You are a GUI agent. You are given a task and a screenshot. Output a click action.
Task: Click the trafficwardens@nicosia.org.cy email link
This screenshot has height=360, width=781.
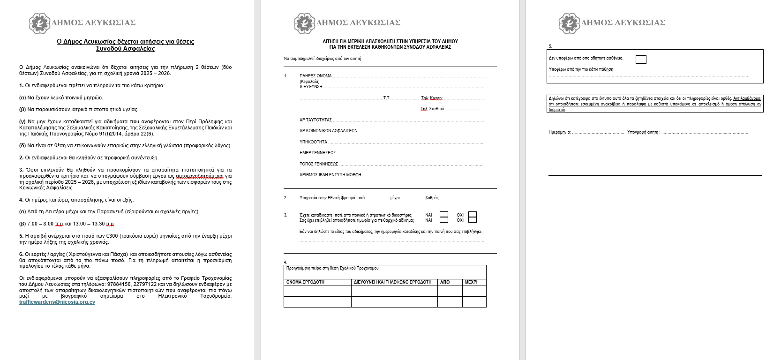tap(57, 302)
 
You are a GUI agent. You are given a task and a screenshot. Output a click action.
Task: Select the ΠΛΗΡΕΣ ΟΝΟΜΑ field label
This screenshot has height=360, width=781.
tap(315, 76)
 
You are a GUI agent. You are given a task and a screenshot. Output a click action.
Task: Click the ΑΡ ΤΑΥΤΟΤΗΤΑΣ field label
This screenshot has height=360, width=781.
tap(315, 120)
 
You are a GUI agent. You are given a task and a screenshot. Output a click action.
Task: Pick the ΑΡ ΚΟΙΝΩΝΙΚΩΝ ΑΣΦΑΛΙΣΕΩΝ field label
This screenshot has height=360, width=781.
tap(328, 131)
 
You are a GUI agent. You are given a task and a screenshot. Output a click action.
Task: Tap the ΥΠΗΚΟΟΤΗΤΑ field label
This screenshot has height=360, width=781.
tap(313, 142)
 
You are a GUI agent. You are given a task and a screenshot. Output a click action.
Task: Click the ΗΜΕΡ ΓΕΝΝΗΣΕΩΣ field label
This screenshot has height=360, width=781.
tap(317, 153)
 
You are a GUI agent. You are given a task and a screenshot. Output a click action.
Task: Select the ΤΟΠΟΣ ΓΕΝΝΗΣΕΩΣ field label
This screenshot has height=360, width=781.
tap(319, 164)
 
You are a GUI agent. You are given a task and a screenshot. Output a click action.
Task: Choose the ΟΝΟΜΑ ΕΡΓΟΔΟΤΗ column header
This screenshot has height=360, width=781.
tap(305, 282)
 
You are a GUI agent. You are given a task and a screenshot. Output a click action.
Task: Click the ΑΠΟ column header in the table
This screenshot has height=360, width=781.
tap(445, 282)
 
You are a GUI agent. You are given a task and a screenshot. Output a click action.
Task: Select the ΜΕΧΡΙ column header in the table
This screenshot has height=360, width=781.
tap(471, 282)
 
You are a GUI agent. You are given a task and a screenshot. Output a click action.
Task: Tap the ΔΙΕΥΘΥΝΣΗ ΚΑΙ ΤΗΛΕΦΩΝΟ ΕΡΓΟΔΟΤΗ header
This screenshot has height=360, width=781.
tap(392, 282)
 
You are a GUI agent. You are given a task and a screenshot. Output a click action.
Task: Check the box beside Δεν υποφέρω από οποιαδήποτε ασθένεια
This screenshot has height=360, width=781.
tap(641, 60)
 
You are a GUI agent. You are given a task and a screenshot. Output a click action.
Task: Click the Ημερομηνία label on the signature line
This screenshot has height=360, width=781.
tap(560, 132)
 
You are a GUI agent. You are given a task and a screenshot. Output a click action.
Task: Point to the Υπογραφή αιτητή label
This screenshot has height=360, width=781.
tap(643, 132)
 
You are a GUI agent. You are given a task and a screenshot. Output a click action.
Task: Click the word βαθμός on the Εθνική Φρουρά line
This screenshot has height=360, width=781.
tap(432, 198)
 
